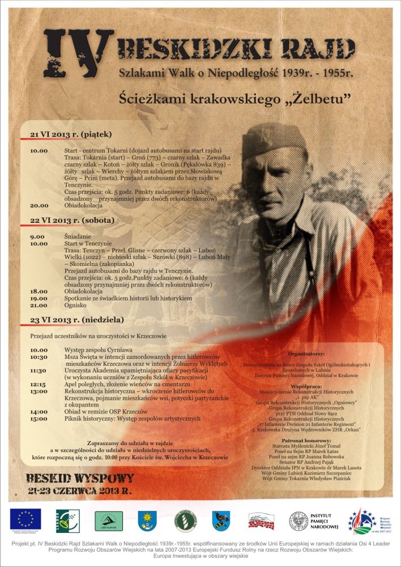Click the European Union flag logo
click(x=25, y=518)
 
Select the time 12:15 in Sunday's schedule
click(x=39, y=384)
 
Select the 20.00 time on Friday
click(x=39, y=206)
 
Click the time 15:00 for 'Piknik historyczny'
click(x=39, y=419)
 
